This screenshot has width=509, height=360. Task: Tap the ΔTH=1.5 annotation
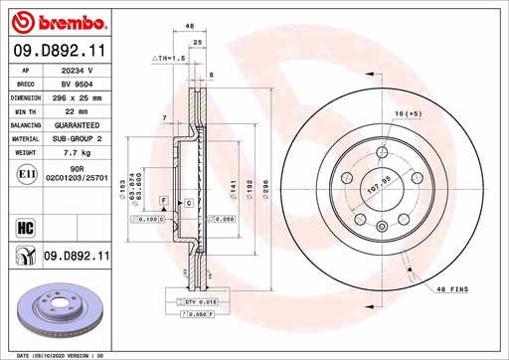170,59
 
